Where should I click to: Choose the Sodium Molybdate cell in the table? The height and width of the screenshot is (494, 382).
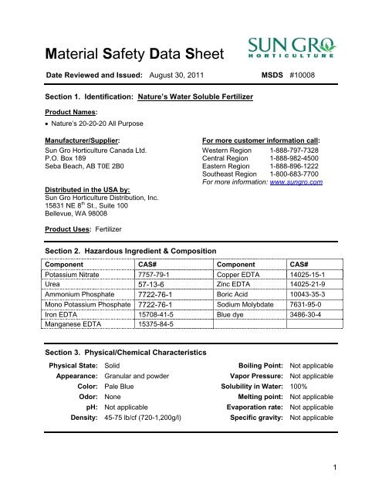tap(246, 303)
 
